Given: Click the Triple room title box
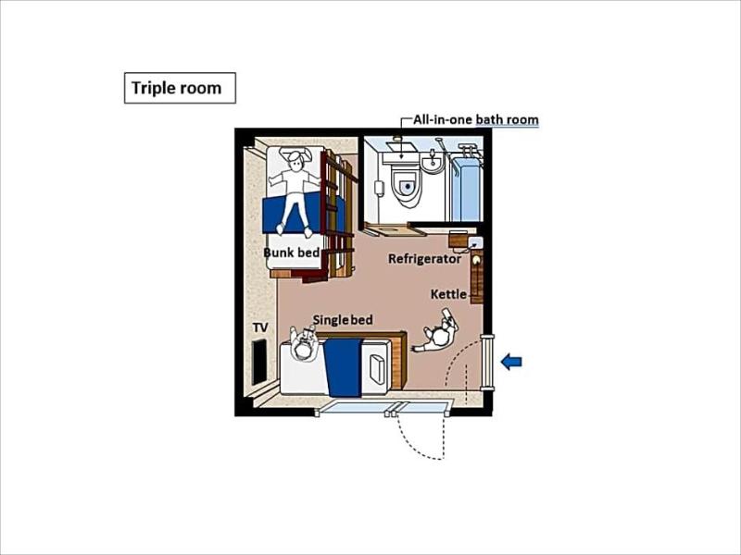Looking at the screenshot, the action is tap(180, 88).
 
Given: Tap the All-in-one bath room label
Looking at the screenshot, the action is tap(475, 119).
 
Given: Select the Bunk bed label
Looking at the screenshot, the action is tap(292, 252).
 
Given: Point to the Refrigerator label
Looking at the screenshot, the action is tap(424, 259).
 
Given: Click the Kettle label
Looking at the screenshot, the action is tap(448, 294).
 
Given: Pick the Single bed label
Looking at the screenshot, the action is tap(343, 319).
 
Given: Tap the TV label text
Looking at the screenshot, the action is tap(260, 327).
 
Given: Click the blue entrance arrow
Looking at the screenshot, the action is tap(511, 362).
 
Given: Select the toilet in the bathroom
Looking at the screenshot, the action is tap(406, 186).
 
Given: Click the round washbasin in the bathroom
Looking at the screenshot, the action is tap(432, 163).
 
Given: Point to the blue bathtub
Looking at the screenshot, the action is tap(467, 189).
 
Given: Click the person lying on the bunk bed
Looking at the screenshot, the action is tap(294, 191).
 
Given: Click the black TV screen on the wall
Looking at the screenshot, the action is tap(259, 362).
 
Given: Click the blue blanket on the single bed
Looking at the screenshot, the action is tap(343, 367).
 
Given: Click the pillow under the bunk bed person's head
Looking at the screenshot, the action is tap(295, 154).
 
